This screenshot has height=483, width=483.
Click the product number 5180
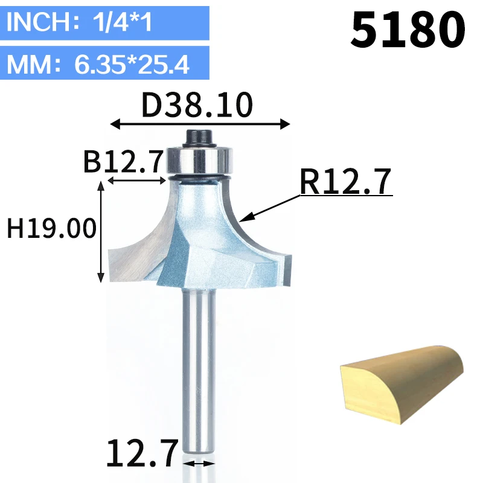408,30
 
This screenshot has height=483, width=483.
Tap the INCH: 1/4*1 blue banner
104,23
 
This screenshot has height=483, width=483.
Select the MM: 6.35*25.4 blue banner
104,63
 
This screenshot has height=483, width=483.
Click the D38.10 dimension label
197,104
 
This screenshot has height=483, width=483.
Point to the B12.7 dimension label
123,162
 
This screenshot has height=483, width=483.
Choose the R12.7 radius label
345,182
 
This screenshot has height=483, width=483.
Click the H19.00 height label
51,228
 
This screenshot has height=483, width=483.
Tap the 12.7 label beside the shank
142,453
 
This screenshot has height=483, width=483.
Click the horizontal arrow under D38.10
200,124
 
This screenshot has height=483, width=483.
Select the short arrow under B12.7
137,181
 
